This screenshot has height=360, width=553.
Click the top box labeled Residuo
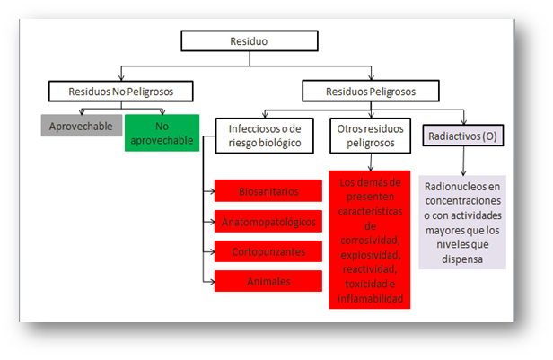[250, 41]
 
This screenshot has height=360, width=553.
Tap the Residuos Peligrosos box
[370, 91]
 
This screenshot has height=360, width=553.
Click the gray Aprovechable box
[81, 126]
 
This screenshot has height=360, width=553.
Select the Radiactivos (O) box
[464, 136]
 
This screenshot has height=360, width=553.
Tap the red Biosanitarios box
[268, 192]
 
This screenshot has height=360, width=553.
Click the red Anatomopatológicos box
[268, 221]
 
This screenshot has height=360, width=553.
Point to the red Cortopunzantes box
[268, 250]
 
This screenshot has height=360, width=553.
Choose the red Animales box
[268, 281]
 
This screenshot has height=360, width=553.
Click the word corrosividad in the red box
[369, 241]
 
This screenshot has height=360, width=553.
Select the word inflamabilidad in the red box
[369, 298]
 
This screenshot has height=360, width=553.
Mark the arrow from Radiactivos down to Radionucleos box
[463, 162]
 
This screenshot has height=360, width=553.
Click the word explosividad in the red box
[369, 255]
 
